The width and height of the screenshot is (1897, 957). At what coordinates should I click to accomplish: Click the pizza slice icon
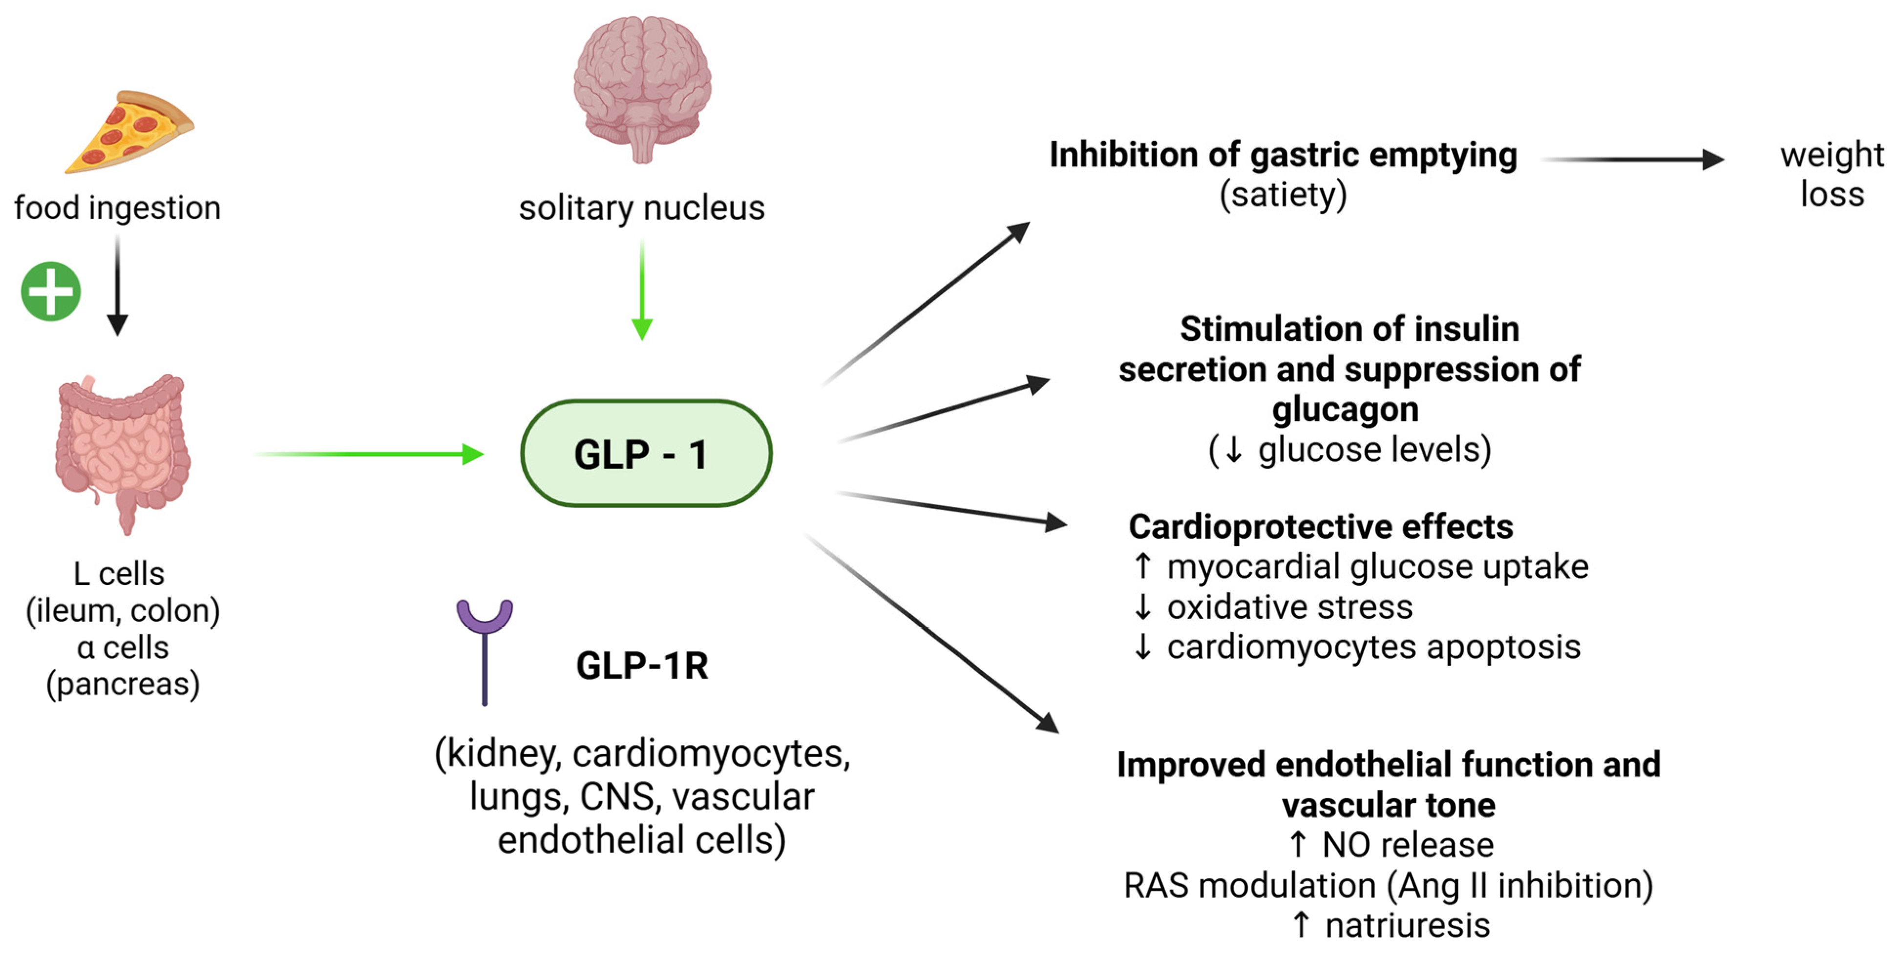click(129, 132)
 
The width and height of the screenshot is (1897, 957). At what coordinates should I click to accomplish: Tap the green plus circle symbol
click(51, 291)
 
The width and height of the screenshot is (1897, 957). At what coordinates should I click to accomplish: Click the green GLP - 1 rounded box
click(646, 454)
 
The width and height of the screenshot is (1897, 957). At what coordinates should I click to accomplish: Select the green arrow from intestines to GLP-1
click(368, 454)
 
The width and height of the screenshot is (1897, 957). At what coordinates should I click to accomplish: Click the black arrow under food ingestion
click(118, 287)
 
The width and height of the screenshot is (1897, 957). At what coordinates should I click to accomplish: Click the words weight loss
click(1832, 174)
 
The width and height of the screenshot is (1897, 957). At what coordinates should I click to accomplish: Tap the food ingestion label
click(118, 208)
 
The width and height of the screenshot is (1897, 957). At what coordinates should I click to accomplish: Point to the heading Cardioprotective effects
click(1320, 526)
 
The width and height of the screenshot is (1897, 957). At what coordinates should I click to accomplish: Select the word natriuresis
click(1407, 925)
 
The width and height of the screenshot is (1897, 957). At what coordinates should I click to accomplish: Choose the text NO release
click(1407, 844)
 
